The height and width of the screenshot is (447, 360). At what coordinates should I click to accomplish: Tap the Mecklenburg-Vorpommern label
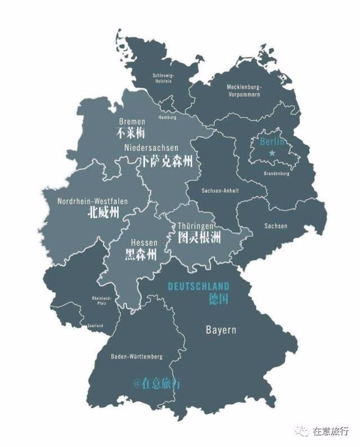(244, 91)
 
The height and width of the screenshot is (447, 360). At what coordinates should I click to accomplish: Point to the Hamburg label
(168, 118)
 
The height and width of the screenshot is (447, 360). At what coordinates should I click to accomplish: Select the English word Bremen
(132, 122)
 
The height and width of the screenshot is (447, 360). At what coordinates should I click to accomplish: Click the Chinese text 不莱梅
(131, 133)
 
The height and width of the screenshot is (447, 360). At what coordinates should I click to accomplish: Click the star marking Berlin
(272, 153)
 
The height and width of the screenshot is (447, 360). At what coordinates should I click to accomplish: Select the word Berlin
(272, 141)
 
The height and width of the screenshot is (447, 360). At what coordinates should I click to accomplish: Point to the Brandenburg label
(276, 173)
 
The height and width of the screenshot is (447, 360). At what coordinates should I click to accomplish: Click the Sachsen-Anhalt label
(220, 190)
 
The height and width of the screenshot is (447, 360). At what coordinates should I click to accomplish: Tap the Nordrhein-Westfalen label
(93, 201)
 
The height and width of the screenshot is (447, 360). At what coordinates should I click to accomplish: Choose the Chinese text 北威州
(103, 213)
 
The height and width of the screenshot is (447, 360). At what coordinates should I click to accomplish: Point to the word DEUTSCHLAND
(199, 286)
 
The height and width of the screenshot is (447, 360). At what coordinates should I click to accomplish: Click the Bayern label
(220, 330)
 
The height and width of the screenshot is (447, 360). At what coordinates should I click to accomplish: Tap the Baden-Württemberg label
(137, 356)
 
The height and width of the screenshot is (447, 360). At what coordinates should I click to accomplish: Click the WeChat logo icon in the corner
(304, 431)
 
